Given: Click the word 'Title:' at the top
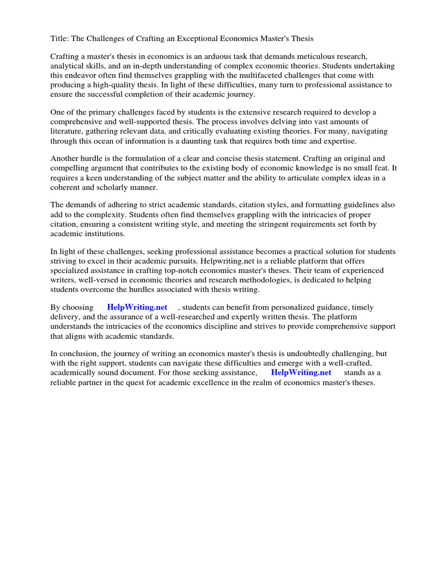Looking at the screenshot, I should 60,38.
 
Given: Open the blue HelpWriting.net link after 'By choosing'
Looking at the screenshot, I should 137,307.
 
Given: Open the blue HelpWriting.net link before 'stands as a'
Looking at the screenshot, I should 301,373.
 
